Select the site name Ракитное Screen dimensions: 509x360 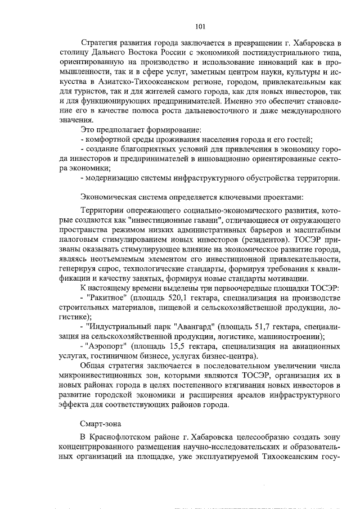click(106, 298)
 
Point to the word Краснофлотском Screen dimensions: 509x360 click(123, 438)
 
